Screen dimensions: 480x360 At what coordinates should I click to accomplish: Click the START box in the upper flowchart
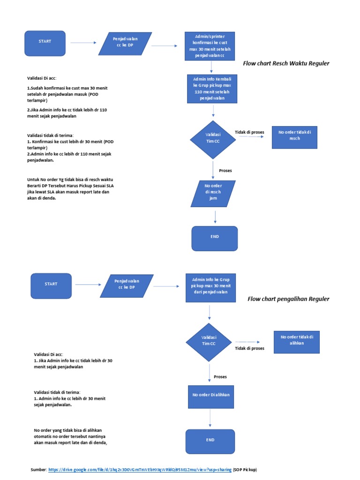[45, 42]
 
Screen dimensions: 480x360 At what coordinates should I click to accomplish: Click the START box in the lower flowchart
[51, 284]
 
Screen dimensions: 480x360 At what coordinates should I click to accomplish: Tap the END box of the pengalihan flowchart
[210, 441]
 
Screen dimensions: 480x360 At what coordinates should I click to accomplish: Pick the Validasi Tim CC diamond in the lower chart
[209, 341]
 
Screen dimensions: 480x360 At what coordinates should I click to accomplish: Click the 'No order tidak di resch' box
[295, 135]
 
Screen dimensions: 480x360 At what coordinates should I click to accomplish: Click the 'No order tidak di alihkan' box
[297, 340]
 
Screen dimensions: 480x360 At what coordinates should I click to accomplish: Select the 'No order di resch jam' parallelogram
[213, 193]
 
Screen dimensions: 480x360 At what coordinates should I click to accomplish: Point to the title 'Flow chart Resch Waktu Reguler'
[286, 63]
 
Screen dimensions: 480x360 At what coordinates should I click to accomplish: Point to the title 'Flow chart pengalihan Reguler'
[288, 299]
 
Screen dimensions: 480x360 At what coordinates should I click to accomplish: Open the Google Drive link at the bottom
[140, 470]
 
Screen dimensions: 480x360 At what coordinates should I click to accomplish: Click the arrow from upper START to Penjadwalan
[82, 43]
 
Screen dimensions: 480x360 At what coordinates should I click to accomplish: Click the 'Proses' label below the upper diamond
[225, 171]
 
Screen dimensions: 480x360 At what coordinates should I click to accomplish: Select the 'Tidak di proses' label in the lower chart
[249, 348]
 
